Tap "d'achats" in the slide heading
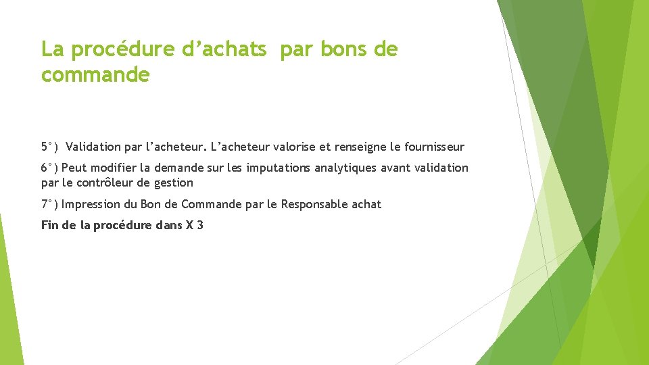click(x=232, y=49)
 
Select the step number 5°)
click(x=49, y=147)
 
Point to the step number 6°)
click(x=49, y=168)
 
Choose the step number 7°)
click(x=49, y=204)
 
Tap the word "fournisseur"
click(x=433, y=147)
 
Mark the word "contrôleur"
click(x=107, y=182)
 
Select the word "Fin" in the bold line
click(x=49, y=225)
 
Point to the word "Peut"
click(x=72, y=168)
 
